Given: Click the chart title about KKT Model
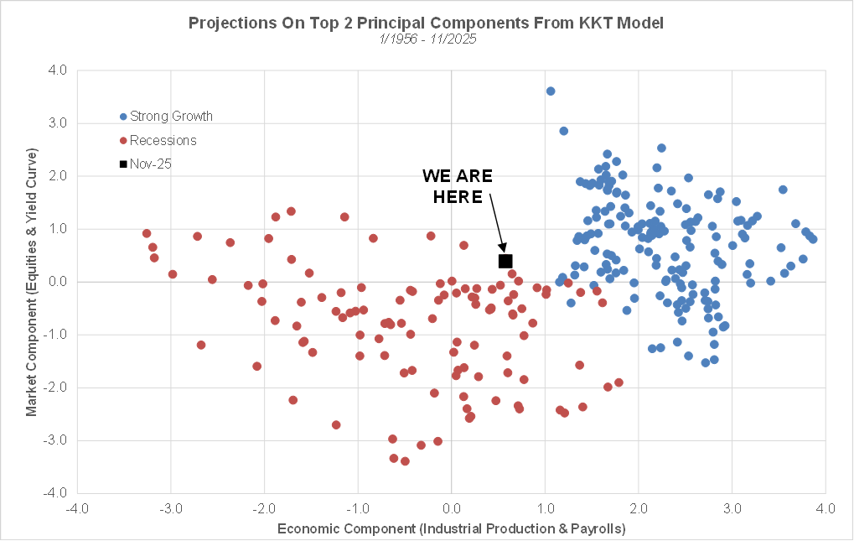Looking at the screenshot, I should tap(427, 23).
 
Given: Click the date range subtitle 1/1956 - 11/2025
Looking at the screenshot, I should tap(427, 39).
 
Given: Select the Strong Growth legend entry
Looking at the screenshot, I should tap(166, 117).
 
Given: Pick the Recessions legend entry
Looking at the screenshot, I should tap(158, 140).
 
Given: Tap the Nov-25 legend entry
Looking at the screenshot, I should tap(146, 164).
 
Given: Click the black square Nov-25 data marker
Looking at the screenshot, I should tap(505, 262).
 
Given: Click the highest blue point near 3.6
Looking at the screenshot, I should tap(551, 91).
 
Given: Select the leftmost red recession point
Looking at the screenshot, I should tap(147, 234).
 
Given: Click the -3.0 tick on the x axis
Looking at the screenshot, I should tap(171, 508).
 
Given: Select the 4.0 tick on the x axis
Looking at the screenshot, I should tap(826, 508).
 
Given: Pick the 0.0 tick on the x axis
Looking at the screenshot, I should tap(452, 508).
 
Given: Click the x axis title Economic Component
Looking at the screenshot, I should tap(451, 528).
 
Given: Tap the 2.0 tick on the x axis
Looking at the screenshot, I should tap(639, 508).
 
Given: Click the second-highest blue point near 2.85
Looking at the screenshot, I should tap(564, 131).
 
